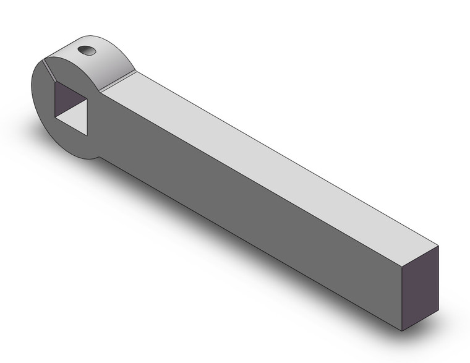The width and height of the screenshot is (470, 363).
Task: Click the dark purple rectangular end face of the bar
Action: coord(419,288)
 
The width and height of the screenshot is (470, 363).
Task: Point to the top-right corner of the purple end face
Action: coord(438,246)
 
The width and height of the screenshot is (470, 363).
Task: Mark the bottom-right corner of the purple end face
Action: coord(438,310)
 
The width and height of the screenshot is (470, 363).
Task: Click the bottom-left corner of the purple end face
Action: coord(401,330)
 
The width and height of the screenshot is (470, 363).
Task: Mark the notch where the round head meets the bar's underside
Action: coord(99,158)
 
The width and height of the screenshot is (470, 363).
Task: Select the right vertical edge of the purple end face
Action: coord(438,278)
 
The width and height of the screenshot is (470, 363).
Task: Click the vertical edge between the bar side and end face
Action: coord(401,297)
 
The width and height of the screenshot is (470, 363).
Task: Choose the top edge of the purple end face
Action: coord(419,255)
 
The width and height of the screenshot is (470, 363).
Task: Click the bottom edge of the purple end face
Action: coord(419,320)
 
